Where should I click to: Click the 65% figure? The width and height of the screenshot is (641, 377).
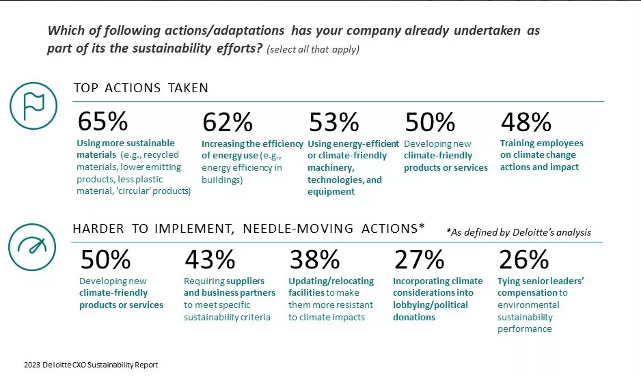click(x=103, y=122)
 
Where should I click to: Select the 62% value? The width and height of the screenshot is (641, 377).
click(x=227, y=122)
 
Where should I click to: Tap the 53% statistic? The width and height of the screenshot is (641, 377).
click(x=333, y=122)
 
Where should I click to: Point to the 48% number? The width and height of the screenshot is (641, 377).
click(x=526, y=122)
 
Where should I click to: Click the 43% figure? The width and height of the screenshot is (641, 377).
click(x=210, y=260)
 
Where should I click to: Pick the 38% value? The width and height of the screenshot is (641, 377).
click(x=314, y=260)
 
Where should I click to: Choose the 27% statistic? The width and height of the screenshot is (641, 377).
click(x=419, y=260)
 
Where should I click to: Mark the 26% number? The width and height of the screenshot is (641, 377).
click(x=523, y=260)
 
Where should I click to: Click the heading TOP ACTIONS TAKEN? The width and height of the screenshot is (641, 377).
click(x=141, y=88)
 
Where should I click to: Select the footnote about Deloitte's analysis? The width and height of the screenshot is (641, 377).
click(x=518, y=232)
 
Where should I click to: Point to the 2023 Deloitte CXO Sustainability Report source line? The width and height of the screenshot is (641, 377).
click(x=90, y=365)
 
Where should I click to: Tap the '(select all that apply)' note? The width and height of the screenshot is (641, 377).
click(x=313, y=50)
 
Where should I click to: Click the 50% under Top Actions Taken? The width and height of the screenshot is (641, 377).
click(x=430, y=122)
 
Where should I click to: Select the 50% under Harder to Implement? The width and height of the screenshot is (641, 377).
click(x=105, y=260)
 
